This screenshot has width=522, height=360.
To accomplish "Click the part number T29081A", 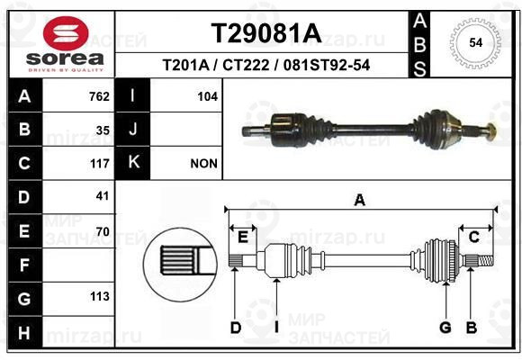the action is click(x=266, y=33).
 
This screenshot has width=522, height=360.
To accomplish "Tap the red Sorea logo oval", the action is click(x=66, y=33).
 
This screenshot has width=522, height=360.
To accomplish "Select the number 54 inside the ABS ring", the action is click(x=476, y=42).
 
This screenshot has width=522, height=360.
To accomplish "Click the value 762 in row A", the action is click(x=99, y=96).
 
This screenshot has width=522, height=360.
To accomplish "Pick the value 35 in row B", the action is click(x=103, y=130).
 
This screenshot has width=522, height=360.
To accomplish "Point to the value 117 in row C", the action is click(x=100, y=164).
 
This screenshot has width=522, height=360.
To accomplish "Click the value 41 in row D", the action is click(x=103, y=196).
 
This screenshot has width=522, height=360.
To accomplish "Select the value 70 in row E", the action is click(x=103, y=231).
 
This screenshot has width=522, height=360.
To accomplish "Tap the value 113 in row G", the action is click(x=100, y=296).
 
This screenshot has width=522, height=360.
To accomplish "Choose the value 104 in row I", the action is click(x=208, y=96).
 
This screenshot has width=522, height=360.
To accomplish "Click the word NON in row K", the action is click(x=203, y=164).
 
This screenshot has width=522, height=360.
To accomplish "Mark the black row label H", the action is click(x=24, y=333).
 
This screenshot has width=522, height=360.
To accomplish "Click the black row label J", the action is click(x=133, y=130).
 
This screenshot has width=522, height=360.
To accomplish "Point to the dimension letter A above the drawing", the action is click(x=359, y=201).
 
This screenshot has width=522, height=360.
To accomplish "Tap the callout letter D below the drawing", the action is click(x=236, y=328).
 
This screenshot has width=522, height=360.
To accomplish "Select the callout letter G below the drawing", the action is click(x=445, y=328).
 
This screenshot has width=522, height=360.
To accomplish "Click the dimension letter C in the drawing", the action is click(x=474, y=238).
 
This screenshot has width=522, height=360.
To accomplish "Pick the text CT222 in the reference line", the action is click(x=246, y=66).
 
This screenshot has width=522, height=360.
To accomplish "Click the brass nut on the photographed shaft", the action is click(x=490, y=131).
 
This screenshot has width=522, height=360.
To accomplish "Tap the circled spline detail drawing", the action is click(x=180, y=265).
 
